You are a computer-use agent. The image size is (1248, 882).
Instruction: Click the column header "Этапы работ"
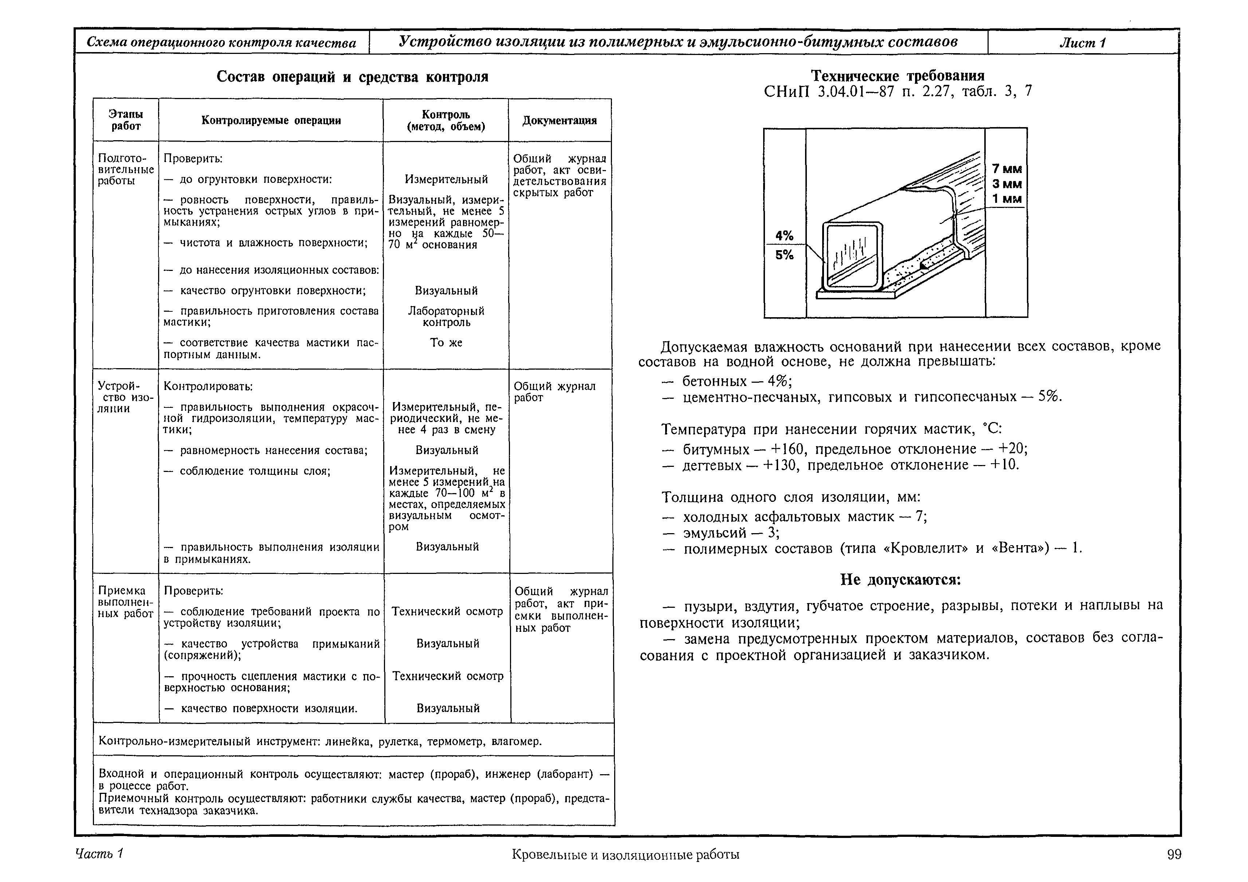tap(126, 120)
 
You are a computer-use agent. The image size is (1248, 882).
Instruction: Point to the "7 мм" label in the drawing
tap(1006, 169)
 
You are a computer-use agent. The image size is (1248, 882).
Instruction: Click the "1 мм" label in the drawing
tap(1006, 199)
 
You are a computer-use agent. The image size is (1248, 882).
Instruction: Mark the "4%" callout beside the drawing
tap(784, 236)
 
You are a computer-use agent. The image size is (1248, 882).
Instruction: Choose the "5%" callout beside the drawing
tap(784, 255)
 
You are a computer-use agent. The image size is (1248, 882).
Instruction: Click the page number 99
tap(1174, 854)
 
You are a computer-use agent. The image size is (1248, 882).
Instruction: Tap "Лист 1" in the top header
tap(1083, 42)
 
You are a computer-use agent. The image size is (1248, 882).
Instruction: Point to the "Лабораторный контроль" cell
tap(446, 316)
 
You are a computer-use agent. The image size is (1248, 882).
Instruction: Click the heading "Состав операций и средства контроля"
tap(352, 77)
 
